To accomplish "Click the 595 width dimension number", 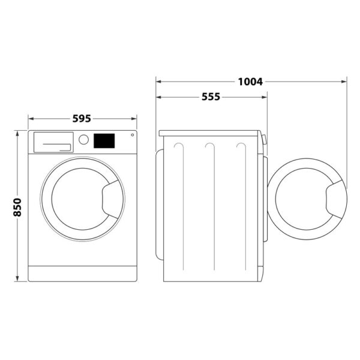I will (82, 118).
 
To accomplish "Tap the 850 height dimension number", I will (17, 207).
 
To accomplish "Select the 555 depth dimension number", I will (211, 97).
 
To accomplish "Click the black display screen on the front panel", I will (104, 140).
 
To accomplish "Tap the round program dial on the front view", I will (84, 140).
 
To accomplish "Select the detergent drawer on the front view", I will (52, 143).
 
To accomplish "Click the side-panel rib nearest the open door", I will (241, 204).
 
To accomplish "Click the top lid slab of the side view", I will (210, 133).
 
